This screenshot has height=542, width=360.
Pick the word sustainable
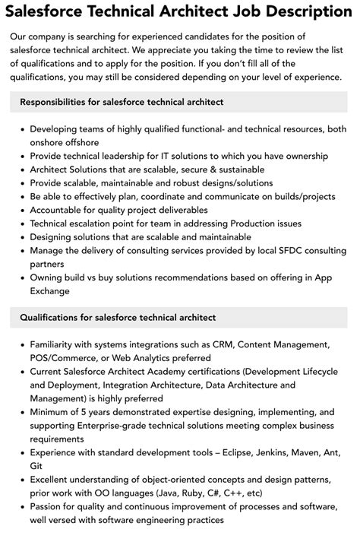point(232,170)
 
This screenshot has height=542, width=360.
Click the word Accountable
point(60,211)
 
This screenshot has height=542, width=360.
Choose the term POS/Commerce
point(65,358)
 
